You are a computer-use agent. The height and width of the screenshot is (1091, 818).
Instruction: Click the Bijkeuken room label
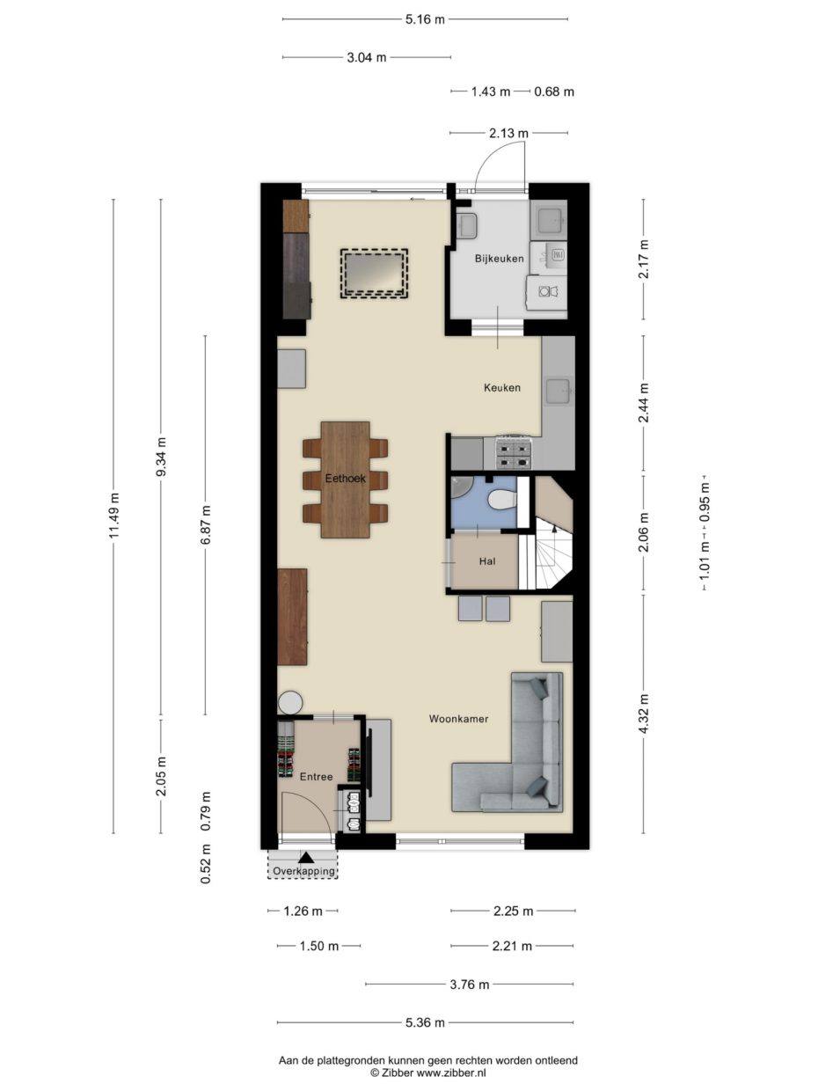499,259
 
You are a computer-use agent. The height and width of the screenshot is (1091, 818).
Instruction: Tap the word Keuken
502,387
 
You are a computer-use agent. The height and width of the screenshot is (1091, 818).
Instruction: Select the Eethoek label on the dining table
345,478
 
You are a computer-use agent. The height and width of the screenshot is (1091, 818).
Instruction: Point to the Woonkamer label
458,719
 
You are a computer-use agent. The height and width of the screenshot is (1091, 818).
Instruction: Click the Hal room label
487,561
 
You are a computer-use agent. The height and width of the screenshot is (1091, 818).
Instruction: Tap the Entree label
316,776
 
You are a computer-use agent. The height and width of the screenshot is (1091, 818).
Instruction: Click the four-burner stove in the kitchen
515,452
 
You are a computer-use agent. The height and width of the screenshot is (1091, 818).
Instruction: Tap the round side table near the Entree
290,703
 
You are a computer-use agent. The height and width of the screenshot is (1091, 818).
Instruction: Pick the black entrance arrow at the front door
306,857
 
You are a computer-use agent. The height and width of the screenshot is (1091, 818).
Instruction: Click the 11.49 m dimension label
114,516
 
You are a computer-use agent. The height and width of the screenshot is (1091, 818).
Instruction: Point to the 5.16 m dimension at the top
425,19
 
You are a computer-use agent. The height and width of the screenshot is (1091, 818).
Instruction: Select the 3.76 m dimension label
470,985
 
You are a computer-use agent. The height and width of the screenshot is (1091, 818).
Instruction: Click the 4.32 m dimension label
644,714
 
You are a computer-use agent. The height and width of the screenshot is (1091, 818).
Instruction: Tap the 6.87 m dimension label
206,525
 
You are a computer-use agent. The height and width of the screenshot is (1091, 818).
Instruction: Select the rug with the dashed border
374,274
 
